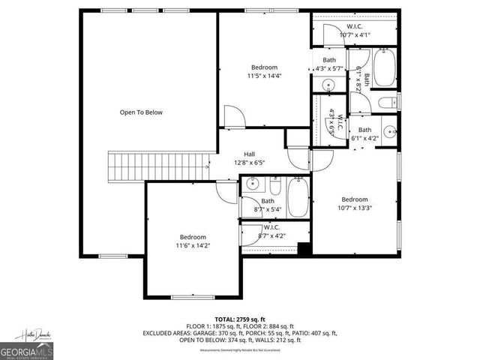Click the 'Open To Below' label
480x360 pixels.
click(x=141, y=112)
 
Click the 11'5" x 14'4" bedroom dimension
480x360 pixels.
click(x=263, y=76)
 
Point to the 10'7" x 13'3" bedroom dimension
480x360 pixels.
click(x=355, y=208)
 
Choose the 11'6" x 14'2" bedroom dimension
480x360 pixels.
click(x=192, y=245)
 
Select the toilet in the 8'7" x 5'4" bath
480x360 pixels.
click(x=275, y=188)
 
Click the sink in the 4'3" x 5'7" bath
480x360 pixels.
click(x=328, y=85)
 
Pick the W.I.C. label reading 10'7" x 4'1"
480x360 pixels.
click(x=355, y=34)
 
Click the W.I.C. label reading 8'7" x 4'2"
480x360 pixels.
click(x=273, y=236)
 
